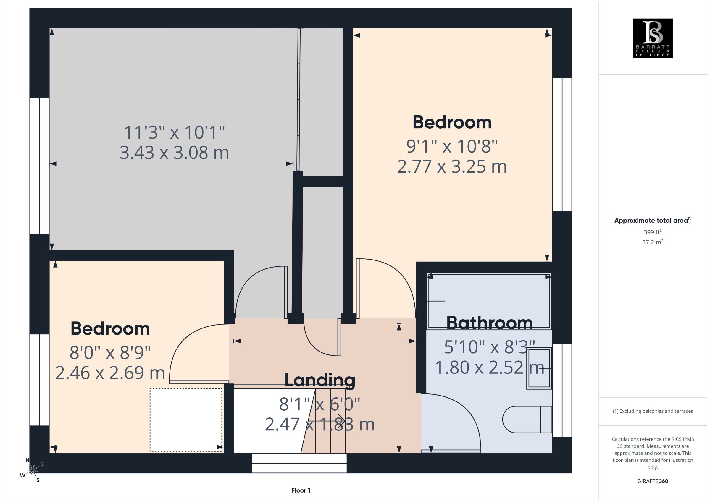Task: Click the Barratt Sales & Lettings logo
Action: click(653, 38)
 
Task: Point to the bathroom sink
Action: click(539, 368)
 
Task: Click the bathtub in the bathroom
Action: click(489, 300)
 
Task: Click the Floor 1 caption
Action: click(301, 490)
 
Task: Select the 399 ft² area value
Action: click(653, 232)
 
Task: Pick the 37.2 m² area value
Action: click(653, 242)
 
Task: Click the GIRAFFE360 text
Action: click(653, 481)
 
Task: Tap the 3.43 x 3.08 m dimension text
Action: click(174, 153)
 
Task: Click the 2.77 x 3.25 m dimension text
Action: click(452, 167)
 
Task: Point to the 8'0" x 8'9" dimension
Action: click(110, 352)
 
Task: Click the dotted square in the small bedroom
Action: click(186, 420)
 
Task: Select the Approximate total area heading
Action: click(653, 220)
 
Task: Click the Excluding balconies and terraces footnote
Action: click(653, 411)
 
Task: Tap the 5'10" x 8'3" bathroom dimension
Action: click(490, 347)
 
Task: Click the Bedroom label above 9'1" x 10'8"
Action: click(452, 122)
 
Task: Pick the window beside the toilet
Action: click(562, 391)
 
